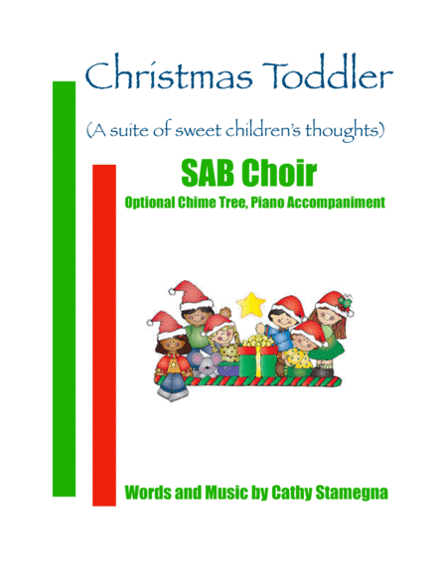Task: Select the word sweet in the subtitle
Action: pos(222,129)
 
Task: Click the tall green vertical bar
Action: pos(63,288)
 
